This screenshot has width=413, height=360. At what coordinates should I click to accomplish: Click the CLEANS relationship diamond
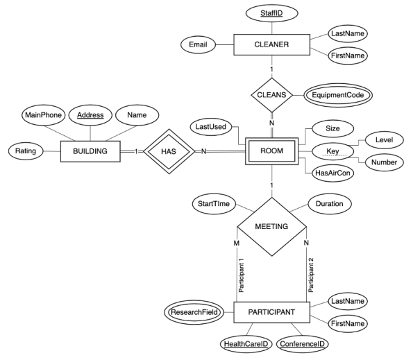pos(271,93)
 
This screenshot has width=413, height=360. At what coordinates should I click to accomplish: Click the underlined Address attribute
pos(90,114)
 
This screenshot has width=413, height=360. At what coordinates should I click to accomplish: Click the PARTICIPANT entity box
pos(271,313)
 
